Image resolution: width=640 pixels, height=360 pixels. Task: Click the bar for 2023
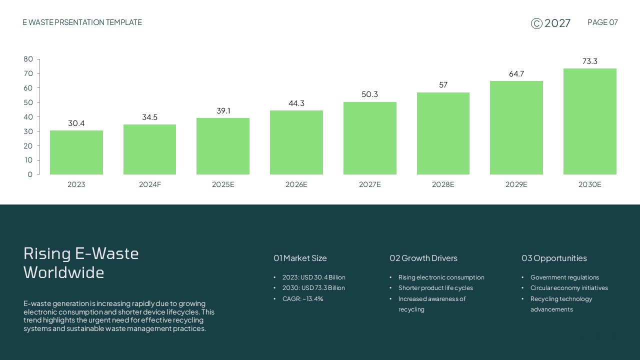[76, 152]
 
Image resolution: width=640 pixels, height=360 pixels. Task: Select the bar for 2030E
[589, 121]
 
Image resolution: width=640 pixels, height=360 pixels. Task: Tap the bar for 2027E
[370, 138]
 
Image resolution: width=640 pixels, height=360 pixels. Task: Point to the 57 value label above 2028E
[443, 85]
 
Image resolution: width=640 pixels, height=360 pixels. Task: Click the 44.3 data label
[296, 103]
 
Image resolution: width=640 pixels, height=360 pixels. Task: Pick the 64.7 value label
[516, 74]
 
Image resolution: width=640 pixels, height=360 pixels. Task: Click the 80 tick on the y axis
[28, 59]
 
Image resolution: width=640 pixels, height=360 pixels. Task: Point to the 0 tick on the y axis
[30, 174]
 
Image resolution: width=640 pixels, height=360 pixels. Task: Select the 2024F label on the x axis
[150, 184]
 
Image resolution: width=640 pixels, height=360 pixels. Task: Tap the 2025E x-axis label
[223, 184]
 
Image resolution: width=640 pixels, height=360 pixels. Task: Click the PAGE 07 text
[602, 22]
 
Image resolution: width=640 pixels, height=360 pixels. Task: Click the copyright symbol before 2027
[536, 23]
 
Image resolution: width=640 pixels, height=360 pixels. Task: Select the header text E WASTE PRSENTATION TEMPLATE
[82, 22]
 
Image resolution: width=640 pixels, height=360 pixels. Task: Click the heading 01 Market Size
[300, 258]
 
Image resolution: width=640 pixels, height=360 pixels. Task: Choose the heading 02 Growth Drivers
[423, 258]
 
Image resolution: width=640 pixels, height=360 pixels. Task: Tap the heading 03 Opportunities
[554, 258]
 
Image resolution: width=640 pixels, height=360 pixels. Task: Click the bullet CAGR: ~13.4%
[302, 299]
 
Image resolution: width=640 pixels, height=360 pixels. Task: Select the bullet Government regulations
[564, 277]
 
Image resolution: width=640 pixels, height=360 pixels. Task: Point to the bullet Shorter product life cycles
[435, 288]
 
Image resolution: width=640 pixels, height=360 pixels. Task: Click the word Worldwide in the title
[64, 272]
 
